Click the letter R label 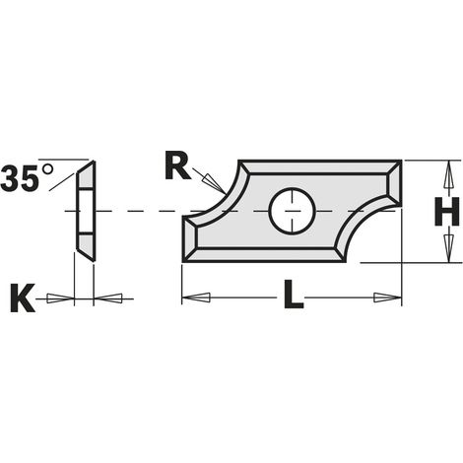click(177, 165)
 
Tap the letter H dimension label click(446, 212)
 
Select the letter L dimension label click(294, 295)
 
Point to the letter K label click(23, 298)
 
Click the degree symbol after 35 click(47, 169)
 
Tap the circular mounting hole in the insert click(292, 211)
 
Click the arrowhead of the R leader click(214, 182)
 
